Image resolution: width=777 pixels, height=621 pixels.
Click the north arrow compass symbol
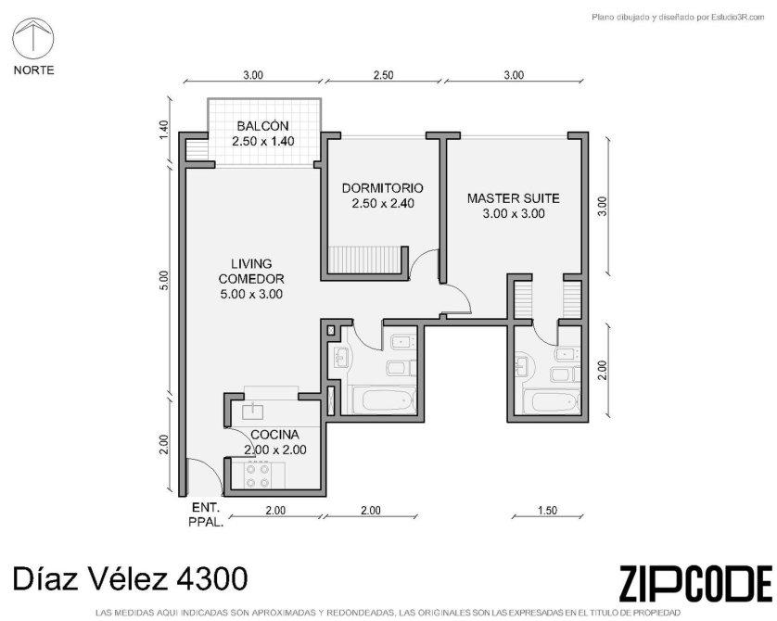(x=33, y=38)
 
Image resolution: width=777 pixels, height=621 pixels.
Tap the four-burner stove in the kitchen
(x=258, y=475)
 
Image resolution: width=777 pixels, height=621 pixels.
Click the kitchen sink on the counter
(x=255, y=411)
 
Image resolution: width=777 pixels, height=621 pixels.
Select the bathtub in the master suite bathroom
(x=553, y=402)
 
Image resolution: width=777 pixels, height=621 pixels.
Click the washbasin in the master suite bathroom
(x=524, y=365)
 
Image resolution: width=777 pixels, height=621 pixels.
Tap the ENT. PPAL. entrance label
(x=206, y=514)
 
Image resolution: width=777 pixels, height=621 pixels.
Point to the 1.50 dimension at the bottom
(x=547, y=511)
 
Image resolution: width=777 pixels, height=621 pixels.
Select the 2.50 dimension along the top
(x=383, y=75)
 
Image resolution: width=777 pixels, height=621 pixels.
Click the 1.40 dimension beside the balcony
(x=164, y=130)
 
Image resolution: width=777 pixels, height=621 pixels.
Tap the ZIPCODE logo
(x=695, y=583)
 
